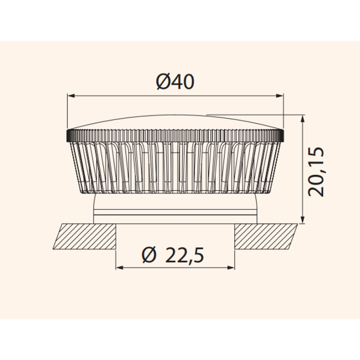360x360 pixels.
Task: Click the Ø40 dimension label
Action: pyautogui.click(x=175, y=82)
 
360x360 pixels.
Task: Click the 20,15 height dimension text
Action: pyautogui.click(x=316, y=171)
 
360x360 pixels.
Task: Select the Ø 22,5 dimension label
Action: pyautogui.click(x=173, y=255)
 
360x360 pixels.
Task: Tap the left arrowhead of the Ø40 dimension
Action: pyautogui.click(x=71, y=96)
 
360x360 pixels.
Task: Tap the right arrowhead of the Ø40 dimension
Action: pyautogui.click(x=279, y=96)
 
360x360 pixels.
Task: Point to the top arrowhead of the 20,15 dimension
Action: pyautogui.click(x=302, y=118)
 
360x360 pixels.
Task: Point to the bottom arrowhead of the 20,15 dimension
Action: pyautogui.click(x=302, y=220)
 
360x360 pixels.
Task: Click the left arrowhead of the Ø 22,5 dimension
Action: pyautogui.click(x=119, y=267)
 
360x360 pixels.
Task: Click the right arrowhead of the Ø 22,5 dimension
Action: pyautogui.click(x=231, y=267)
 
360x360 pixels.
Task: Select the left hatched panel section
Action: pyautogui.click(x=85, y=236)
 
